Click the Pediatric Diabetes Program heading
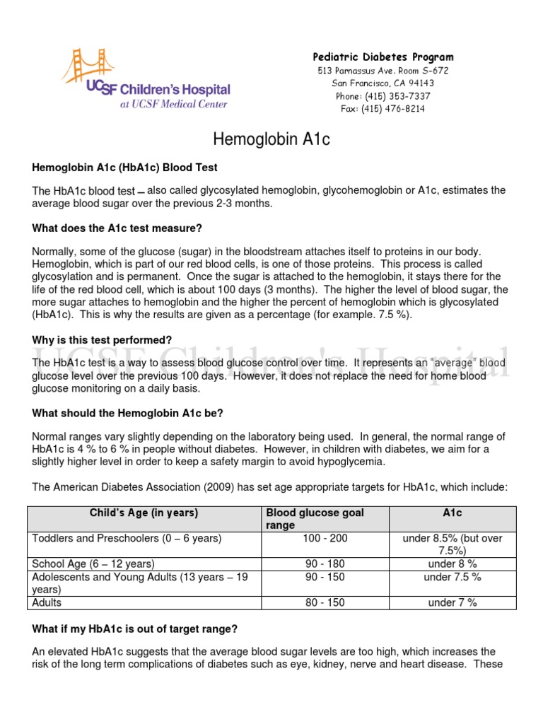click(x=383, y=57)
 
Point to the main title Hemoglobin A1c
click(x=271, y=140)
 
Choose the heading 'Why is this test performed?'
click(x=102, y=340)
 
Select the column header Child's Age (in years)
click(x=144, y=513)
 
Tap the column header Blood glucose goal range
click(x=315, y=519)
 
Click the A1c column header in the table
click(x=452, y=513)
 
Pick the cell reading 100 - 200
click(x=325, y=539)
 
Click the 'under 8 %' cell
click(x=452, y=564)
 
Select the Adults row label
click(x=47, y=602)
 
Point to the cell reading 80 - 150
click(x=325, y=602)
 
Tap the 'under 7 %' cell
click(x=452, y=602)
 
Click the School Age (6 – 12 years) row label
click(x=93, y=564)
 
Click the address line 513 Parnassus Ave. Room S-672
click(x=383, y=71)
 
